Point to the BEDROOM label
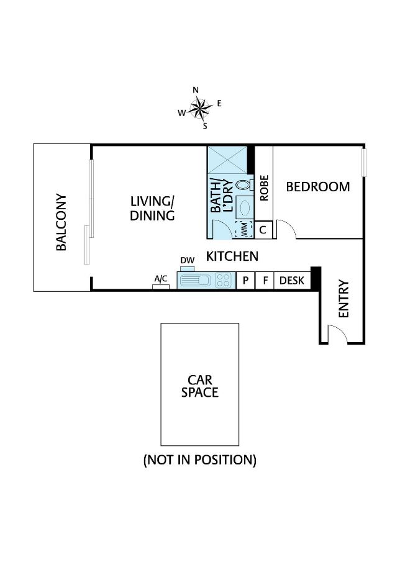tap(317, 186)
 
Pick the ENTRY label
tap(343, 299)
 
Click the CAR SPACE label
tap(199, 386)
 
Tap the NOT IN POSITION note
tap(199, 460)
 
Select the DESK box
tap(292, 281)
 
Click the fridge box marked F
tap(265, 281)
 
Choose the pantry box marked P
tap(245, 281)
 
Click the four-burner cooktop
tap(224, 281)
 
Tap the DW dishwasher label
tap(187, 260)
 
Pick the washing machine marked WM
tap(244, 228)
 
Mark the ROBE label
tap(264, 188)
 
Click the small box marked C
tap(263, 230)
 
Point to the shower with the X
tap(227, 160)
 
